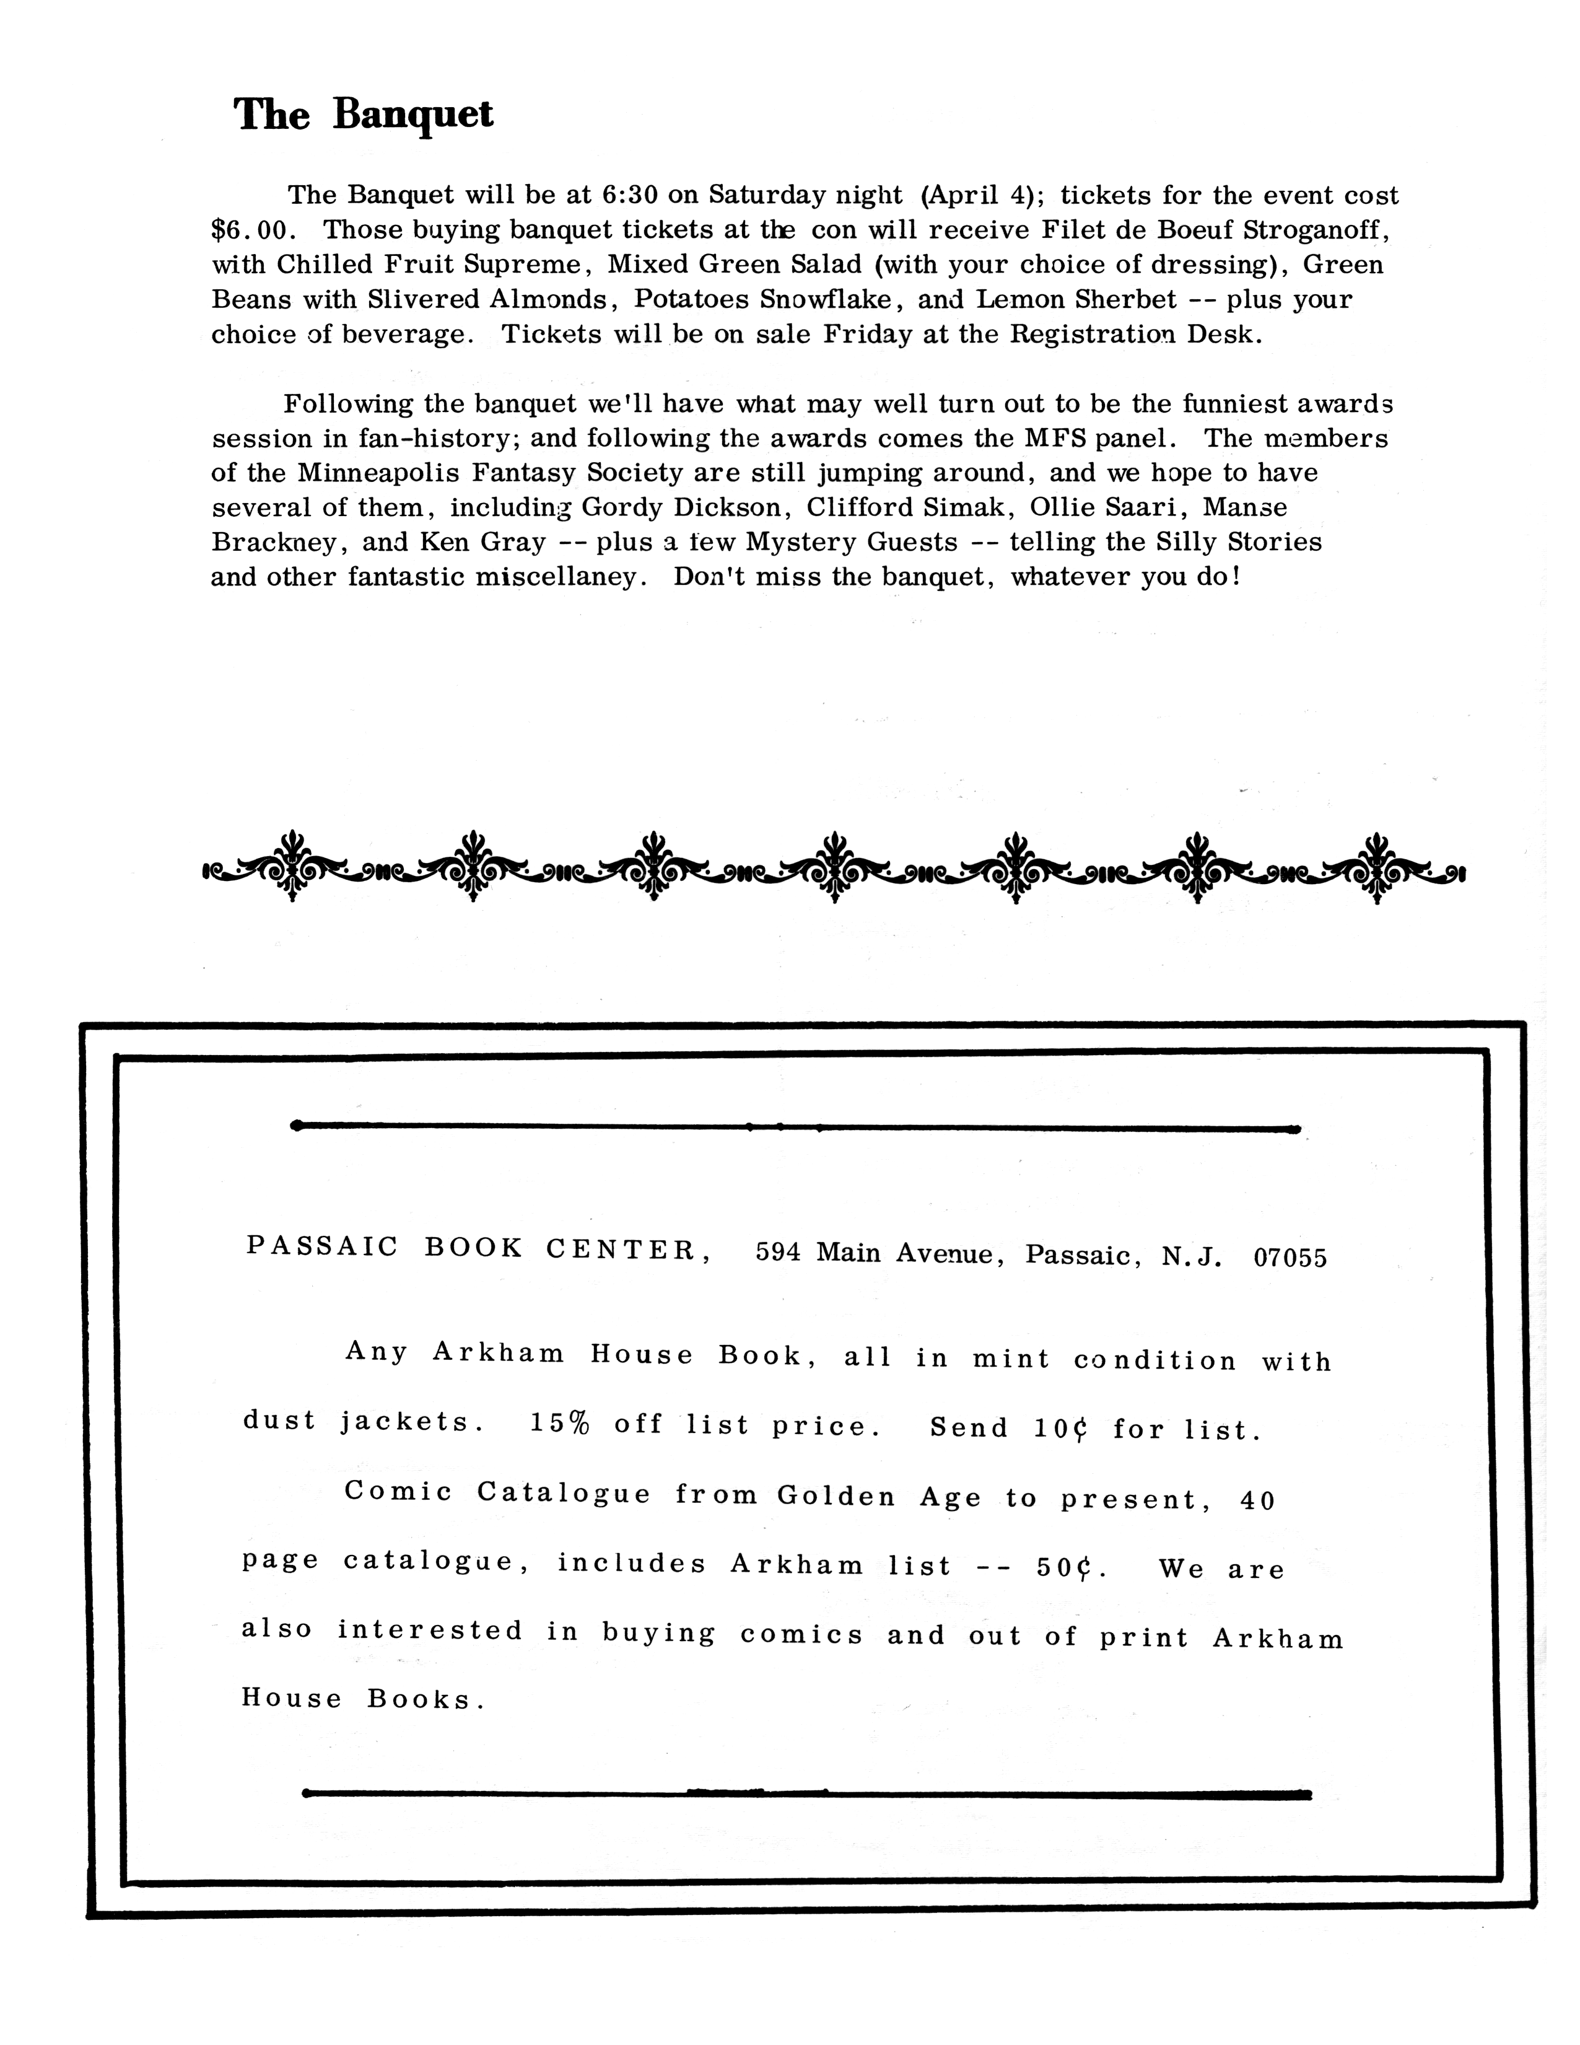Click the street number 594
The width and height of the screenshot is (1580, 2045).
click(x=778, y=1253)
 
